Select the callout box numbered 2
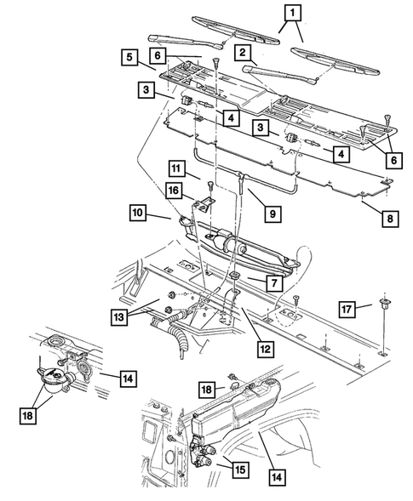click(244, 53)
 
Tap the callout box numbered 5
click(129, 57)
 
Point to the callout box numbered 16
click(174, 193)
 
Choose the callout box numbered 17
click(346, 308)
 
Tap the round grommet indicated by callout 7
click(232, 278)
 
